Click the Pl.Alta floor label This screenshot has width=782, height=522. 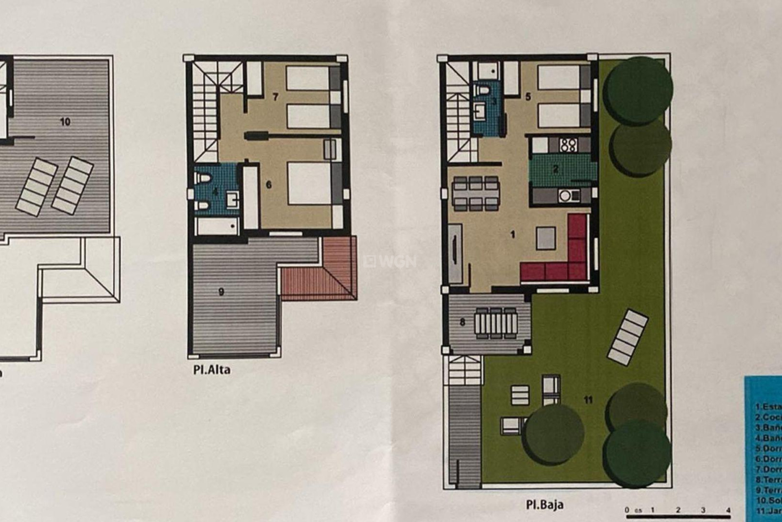point(212,370)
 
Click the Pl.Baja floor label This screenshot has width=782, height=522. point(545,504)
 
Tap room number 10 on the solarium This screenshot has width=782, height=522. point(65,122)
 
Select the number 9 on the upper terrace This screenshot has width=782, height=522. point(221,292)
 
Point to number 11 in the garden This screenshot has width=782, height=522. point(588,400)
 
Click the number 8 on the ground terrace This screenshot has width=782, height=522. point(462,322)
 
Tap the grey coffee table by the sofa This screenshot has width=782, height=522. point(546,238)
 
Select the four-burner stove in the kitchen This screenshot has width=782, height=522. point(568,144)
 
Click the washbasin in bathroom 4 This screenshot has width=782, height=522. point(233,199)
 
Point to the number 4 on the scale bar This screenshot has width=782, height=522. point(728,510)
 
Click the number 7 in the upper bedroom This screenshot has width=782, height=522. point(275,97)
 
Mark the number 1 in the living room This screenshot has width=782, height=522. point(513,234)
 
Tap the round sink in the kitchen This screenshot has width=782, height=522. point(565,196)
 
